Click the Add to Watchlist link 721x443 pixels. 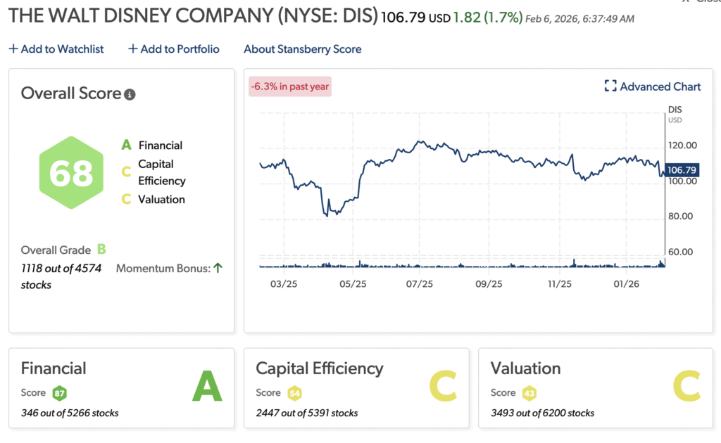pyautogui.click(x=56, y=49)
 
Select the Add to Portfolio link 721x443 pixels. pyautogui.click(x=173, y=49)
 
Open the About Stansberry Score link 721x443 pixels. pyautogui.click(x=302, y=49)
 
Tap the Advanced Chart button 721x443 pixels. pyautogui.click(x=653, y=86)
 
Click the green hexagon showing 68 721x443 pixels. pyautogui.click(x=71, y=173)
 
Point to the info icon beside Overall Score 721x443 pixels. pyautogui.click(x=130, y=94)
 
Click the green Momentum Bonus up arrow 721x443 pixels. pyautogui.click(x=218, y=268)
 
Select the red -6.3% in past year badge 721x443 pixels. pyautogui.click(x=289, y=86)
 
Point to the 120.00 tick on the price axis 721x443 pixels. pyautogui.click(x=682, y=146)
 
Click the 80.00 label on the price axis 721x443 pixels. pyautogui.click(x=682, y=217)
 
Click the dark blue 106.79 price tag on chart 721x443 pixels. pyautogui.click(x=682, y=170)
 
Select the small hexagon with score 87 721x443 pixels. pyautogui.click(x=59, y=393)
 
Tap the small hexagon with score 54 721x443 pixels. pyautogui.click(x=294, y=393)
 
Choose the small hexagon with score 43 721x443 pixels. pyautogui.click(x=528, y=393)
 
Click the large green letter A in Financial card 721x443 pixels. pyautogui.click(x=207, y=387)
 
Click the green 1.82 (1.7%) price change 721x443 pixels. pyautogui.click(x=487, y=17)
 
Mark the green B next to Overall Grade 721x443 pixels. pyautogui.click(x=101, y=250)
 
